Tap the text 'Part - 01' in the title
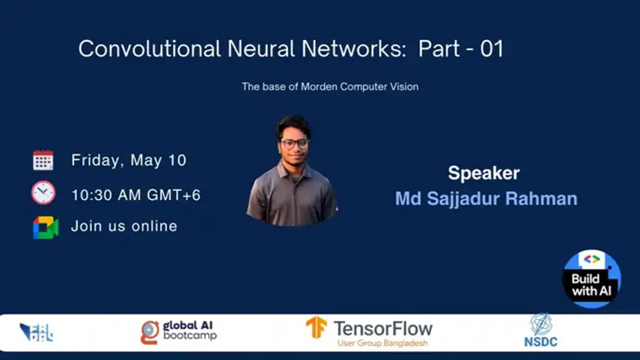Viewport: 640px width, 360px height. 461,49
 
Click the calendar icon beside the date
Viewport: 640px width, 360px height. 43,160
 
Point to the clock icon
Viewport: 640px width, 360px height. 43,193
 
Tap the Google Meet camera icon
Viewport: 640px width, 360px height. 45,227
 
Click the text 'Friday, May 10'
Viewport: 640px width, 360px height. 129,160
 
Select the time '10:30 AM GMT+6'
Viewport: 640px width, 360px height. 136,195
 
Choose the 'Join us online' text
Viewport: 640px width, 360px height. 124,227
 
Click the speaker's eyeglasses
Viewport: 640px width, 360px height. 295,143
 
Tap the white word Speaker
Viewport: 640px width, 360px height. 483,173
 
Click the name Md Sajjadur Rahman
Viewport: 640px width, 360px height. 486,199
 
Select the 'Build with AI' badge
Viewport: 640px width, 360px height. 591,278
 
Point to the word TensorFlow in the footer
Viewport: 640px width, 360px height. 383,328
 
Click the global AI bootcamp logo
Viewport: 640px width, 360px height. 179,331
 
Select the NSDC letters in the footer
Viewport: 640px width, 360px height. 540,342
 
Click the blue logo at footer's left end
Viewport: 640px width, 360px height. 36,332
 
